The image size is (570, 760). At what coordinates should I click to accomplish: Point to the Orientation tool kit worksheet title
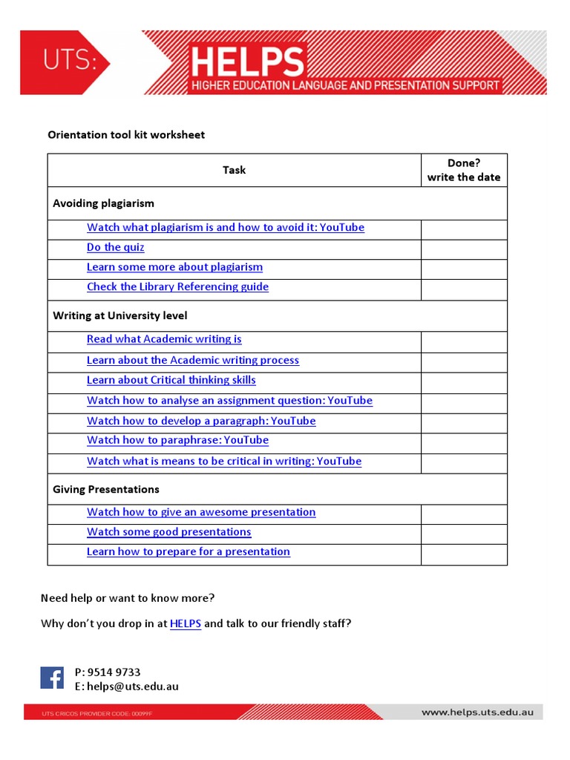coord(126,134)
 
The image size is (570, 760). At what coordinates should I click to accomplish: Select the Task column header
coord(234,170)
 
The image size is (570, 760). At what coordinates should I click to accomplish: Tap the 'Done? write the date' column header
coord(464,170)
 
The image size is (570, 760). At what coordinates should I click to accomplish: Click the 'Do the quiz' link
coord(115,247)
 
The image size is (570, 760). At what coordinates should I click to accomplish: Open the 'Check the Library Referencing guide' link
coord(177,286)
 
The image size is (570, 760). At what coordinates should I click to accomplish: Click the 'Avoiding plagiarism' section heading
coord(103,203)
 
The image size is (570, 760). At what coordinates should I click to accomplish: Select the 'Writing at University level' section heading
coord(119,315)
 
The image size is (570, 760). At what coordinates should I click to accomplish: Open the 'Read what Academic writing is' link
coord(164,339)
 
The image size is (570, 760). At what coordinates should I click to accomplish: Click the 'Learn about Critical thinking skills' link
coord(171,380)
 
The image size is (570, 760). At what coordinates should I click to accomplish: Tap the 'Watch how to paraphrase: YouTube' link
coord(177,440)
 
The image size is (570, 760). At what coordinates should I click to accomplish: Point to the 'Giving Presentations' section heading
coord(105,489)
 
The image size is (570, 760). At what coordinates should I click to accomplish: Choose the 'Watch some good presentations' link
coord(168,532)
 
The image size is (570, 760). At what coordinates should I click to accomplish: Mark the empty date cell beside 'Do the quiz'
coord(464,248)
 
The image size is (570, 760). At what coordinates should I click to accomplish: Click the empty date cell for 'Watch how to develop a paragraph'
coord(464,422)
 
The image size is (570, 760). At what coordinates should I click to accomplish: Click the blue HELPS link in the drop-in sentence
coord(186,623)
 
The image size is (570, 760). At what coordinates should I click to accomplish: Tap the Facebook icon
coord(52,678)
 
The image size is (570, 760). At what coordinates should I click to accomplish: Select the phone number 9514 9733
coord(114,672)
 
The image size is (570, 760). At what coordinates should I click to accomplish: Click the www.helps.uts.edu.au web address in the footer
coord(477,712)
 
